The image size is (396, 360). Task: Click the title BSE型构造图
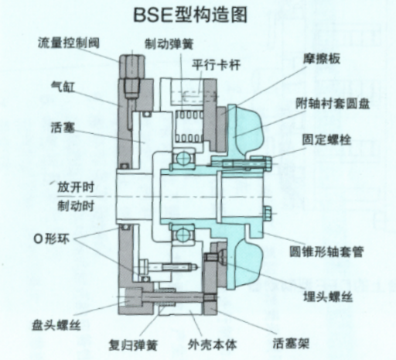[190, 15]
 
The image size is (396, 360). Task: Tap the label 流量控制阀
[69, 43]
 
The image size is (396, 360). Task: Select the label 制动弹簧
[169, 44]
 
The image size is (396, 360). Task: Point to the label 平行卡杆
[216, 64]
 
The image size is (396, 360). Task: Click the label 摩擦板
[322, 59]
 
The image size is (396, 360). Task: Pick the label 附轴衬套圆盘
[333, 104]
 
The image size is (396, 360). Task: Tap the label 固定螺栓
[327, 139]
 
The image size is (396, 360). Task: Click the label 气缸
[63, 87]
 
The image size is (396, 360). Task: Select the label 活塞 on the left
[63, 128]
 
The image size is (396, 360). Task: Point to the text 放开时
[76, 187]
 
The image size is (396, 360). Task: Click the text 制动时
[76, 206]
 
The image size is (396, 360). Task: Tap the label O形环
[52, 239]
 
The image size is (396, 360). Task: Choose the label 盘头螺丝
[56, 325]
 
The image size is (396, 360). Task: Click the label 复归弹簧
[133, 345]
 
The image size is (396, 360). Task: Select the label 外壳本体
[212, 345]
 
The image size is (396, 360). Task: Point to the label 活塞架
[291, 344]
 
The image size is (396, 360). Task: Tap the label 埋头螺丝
[328, 297]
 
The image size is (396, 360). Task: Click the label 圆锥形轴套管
[326, 252]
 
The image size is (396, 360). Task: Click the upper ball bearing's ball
[183, 158]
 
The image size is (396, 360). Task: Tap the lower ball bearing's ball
[183, 235]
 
